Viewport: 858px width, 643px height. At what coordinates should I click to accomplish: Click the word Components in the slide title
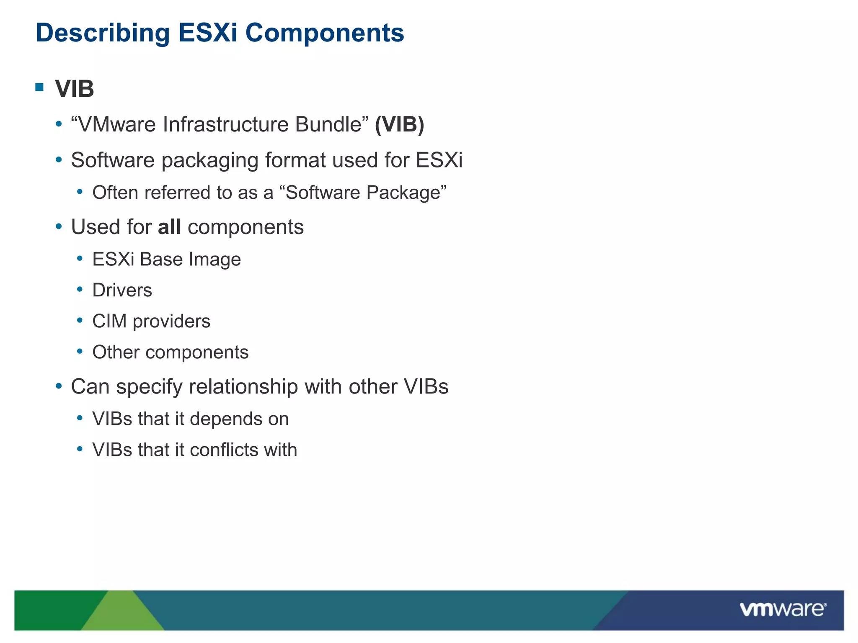point(324,33)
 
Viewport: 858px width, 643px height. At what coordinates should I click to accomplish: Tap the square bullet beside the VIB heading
point(40,87)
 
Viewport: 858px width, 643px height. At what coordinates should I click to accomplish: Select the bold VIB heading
point(75,89)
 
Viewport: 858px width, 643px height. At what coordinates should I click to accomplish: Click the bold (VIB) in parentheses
point(399,124)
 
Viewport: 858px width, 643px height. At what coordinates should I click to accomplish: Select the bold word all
point(169,227)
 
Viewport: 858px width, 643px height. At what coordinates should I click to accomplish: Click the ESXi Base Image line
point(166,259)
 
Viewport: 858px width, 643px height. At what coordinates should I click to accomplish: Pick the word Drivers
point(122,290)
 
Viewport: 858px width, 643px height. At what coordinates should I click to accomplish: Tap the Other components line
point(170,352)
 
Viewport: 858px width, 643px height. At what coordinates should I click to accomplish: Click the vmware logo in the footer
point(783,609)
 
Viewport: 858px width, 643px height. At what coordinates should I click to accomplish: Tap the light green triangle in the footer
point(123,615)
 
